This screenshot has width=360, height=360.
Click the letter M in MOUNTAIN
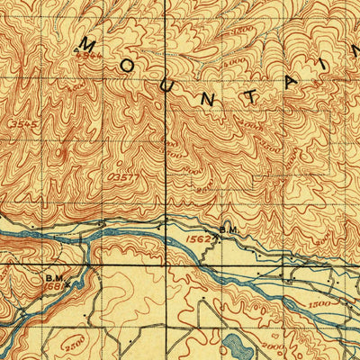click(x=89, y=44)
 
